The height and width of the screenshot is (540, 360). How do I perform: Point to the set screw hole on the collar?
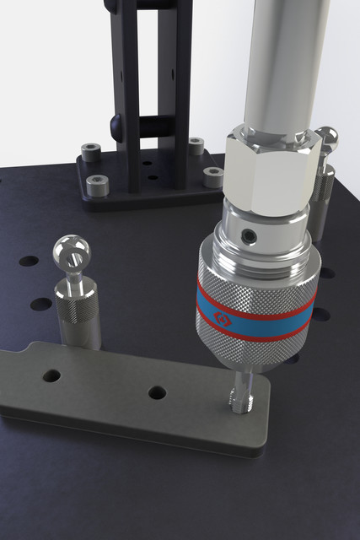[x=249, y=233]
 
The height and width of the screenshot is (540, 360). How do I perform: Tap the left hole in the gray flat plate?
[x=52, y=373]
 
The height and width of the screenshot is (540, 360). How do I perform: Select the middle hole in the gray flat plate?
[x=157, y=392]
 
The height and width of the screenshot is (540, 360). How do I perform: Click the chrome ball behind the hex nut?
[x=326, y=138]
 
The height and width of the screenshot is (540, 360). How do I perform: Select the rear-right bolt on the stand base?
[x=196, y=145]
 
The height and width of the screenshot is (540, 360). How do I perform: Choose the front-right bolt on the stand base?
[x=214, y=176]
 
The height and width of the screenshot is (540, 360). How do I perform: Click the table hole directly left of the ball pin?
[x=28, y=262]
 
